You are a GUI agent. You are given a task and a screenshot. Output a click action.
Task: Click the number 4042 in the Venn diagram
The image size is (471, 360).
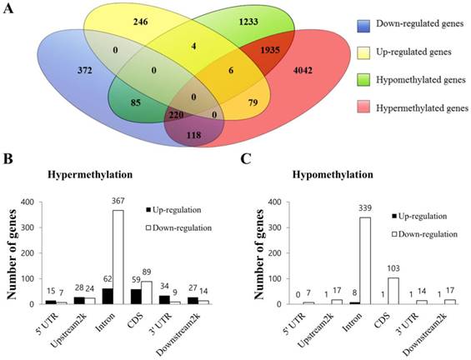(x=302, y=71)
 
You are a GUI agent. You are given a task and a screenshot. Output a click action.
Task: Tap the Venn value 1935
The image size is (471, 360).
(x=269, y=50)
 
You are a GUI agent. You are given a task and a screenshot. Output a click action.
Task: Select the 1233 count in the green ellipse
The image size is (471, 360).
(x=248, y=22)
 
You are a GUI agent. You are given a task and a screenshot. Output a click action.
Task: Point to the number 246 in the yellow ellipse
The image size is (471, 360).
(x=141, y=22)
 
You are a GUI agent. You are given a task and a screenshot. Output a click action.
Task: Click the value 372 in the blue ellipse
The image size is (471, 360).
(x=84, y=71)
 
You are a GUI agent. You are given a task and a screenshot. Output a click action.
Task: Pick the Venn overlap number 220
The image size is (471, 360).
(x=176, y=115)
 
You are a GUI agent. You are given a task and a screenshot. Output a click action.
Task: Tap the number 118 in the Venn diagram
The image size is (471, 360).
(x=193, y=135)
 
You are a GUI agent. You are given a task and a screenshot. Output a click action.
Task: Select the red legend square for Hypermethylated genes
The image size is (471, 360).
(x=363, y=107)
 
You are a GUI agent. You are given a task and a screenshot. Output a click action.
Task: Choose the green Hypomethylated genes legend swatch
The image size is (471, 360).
(x=363, y=80)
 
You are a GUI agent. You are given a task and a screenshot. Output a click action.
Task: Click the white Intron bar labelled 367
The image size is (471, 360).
(x=118, y=257)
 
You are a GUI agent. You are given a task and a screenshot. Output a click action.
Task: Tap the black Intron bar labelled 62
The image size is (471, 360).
(x=108, y=297)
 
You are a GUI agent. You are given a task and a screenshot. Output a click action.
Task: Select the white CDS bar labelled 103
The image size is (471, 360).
(x=393, y=291)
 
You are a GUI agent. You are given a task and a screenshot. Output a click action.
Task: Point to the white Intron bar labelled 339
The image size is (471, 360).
(x=365, y=261)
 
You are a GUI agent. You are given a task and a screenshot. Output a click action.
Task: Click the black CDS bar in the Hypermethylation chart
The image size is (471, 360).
(x=136, y=297)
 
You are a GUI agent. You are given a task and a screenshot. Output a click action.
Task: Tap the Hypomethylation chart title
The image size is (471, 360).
(x=333, y=174)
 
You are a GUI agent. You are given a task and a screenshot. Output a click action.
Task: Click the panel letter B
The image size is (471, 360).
(x=8, y=158)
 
